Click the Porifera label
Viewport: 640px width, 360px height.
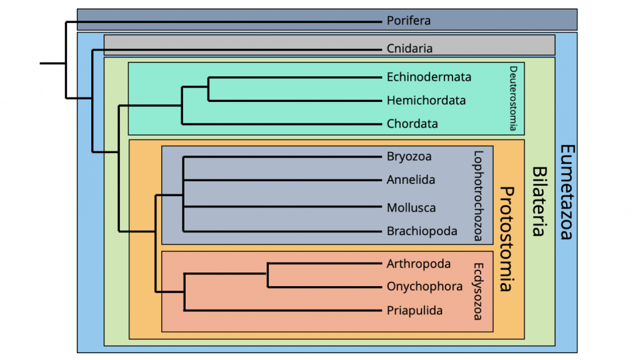tap(408, 21)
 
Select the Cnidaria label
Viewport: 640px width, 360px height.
tap(409, 48)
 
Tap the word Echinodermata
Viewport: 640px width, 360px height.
tap(429, 77)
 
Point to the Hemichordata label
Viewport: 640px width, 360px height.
tap(426, 101)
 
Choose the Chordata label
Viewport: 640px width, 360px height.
tap(412, 124)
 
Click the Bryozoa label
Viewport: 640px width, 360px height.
tap(409, 156)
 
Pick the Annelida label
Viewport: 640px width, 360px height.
tap(411, 180)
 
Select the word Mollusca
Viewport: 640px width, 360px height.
tap(411, 207)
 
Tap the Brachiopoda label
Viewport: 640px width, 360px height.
tap(422, 231)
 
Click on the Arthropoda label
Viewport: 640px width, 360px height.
tap(418, 264)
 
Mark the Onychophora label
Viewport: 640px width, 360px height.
tap(424, 287)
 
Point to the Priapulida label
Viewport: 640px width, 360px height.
tap(414, 310)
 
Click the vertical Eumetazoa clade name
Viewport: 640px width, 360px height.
tap(566, 192)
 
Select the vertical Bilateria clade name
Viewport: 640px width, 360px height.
tap(537, 201)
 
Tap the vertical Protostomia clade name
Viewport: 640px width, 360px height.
tap(506, 239)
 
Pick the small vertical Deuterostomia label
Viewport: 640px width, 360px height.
tap(513, 98)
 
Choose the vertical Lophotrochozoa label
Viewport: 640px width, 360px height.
tap(478, 196)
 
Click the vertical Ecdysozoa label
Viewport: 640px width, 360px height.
tap(478, 291)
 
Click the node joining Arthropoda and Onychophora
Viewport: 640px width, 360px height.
tap(268, 275)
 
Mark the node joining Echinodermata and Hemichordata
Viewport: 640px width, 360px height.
tap(208, 89)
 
